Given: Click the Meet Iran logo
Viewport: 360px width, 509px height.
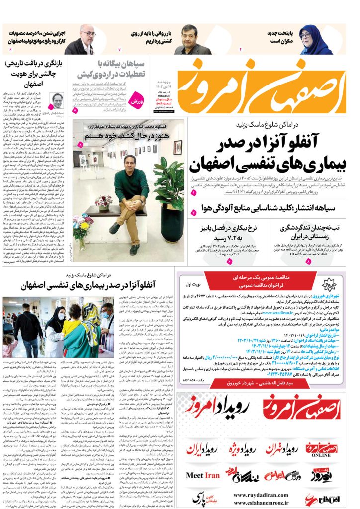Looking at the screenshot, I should click(x=202, y=475).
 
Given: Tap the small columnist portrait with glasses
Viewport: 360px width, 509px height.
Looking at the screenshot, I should click(x=57, y=101).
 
